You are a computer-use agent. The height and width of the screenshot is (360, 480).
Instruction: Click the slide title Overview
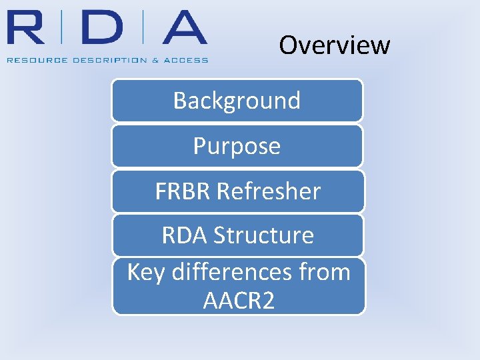pyautogui.click(x=334, y=45)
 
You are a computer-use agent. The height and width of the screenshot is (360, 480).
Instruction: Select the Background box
pyautogui.click(x=237, y=101)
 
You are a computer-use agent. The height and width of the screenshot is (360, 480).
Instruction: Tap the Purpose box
pyautogui.click(x=237, y=146)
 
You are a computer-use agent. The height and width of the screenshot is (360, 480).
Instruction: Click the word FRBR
pyautogui.click(x=183, y=192)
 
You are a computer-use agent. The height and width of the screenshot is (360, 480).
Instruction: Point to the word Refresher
pyautogui.click(x=269, y=192)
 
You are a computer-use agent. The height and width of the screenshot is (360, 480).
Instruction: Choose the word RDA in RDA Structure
pyautogui.click(x=184, y=235)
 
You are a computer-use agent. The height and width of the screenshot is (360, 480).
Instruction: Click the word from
pyautogui.click(x=325, y=272)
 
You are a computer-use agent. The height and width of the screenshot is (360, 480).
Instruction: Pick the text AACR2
pyautogui.click(x=238, y=301)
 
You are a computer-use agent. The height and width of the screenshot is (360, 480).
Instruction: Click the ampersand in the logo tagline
pyautogui.click(x=155, y=60)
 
